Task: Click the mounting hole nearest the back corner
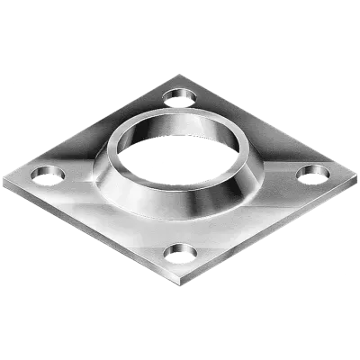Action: [x=180, y=94]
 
